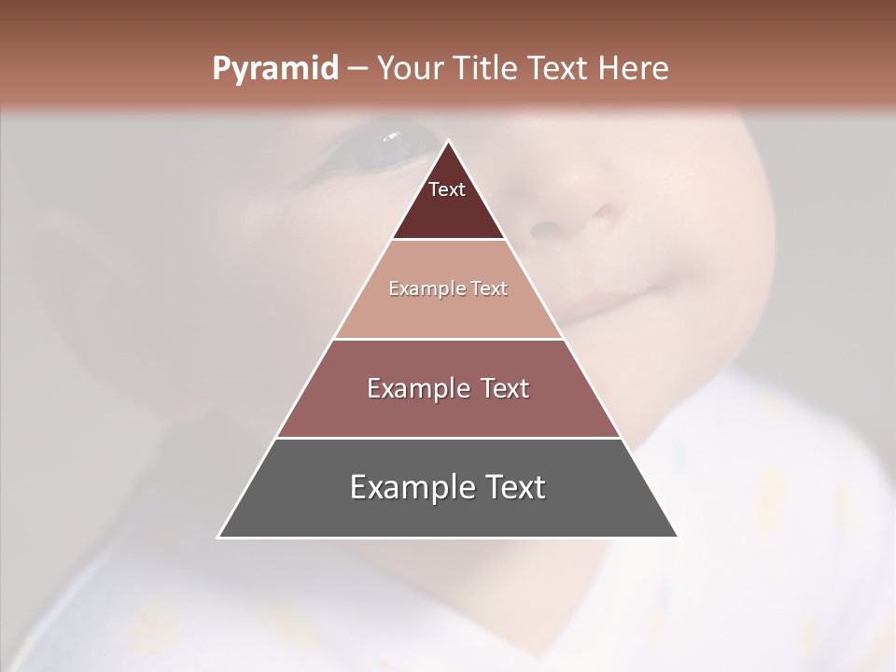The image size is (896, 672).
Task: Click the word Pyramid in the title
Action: (274, 69)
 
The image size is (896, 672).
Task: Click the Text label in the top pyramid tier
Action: (447, 190)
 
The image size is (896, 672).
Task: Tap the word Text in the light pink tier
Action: (489, 289)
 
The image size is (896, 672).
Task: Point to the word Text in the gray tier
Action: (513, 488)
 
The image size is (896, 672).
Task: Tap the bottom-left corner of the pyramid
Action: (218, 537)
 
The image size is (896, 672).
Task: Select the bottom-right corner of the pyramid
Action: (678, 537)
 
